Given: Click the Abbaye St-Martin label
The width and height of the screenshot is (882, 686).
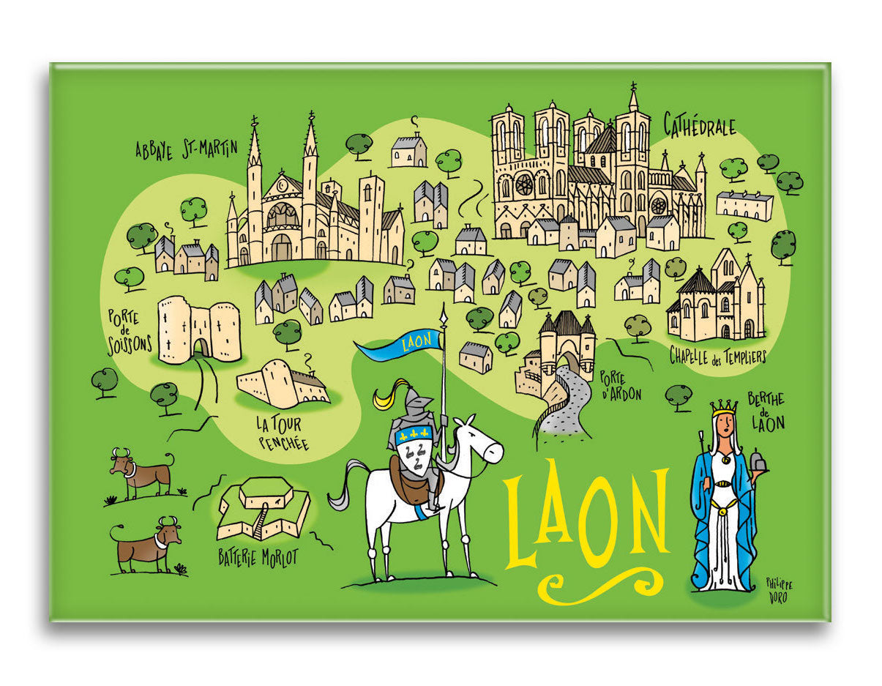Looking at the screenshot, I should click(187, 149).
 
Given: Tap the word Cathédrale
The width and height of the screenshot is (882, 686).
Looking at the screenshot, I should click(699, 125).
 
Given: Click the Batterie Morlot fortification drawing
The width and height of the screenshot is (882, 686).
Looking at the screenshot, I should click(265, 507).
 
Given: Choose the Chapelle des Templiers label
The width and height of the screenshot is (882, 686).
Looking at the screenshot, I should click(717, 357).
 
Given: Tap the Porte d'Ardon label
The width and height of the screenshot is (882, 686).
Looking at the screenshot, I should click(620, 386).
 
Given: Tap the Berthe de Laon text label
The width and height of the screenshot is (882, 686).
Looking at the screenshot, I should click(766, 411).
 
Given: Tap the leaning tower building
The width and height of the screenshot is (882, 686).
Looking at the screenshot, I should click(282, 384).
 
